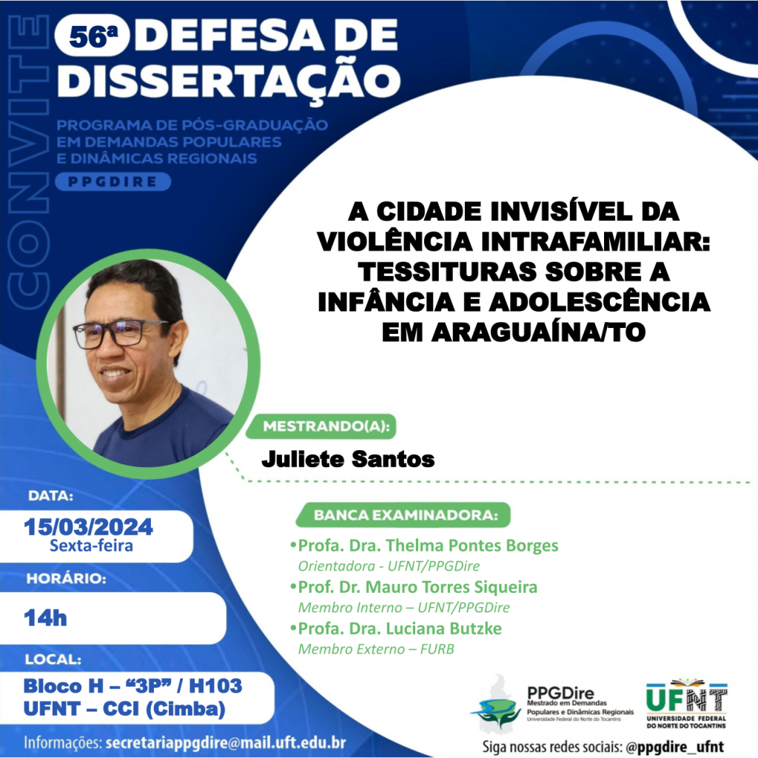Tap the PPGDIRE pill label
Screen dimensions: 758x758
(x=113, y=182)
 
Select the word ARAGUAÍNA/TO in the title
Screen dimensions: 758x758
(x=538, y=332)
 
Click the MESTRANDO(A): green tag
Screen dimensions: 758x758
(x=321, y=426)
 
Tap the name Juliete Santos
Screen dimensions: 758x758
(x=348, y=459)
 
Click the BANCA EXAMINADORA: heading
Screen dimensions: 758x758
(x=403, y=515)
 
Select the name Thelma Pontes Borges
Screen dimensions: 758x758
(x=472, y=546)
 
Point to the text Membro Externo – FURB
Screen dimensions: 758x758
(x=376, y=648)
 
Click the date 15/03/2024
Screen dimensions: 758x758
(x=89, y=527)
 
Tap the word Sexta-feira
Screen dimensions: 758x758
(x=91, y=546)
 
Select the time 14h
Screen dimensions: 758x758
(x=45, y=618)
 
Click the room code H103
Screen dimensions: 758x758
(x=215, y=686)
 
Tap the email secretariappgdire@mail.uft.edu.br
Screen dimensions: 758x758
(x=226, y=742)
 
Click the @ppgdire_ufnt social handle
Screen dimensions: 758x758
(x=675, y=747)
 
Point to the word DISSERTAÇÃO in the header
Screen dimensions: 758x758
(x=229, y=81)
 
